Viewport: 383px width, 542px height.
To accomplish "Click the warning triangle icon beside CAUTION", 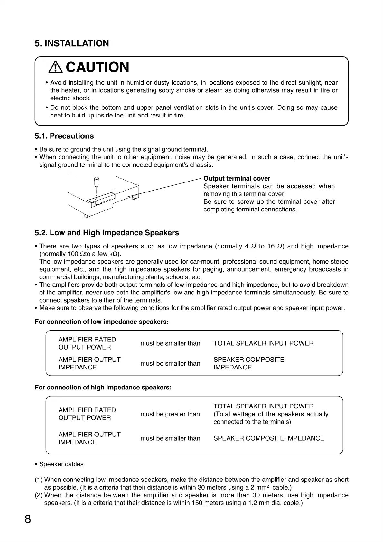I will [x=56, y=67].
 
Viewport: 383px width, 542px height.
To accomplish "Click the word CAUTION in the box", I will [x=97, y=67].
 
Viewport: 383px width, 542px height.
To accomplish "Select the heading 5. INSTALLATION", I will [x=72, y=43].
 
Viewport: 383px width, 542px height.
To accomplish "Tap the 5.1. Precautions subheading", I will [x=64, y=136].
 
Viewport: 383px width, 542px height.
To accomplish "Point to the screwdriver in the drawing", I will [x=96, y=185].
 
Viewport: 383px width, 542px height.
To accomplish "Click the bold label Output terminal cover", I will [x=237, y=178].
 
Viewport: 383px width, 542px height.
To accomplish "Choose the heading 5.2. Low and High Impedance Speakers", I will [x=107, y=233].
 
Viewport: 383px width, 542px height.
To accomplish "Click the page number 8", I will [x=28, y=519].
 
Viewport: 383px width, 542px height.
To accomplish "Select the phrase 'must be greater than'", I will [x=170, y=414].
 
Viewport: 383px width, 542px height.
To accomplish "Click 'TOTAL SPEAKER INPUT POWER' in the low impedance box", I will [x=263, y=343].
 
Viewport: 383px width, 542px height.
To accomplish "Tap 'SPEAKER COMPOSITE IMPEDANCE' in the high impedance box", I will [x=269, y=438].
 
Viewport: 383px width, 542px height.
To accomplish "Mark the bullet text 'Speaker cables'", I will [x=61, y=464].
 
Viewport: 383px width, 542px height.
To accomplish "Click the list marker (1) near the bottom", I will [x=39, y=480].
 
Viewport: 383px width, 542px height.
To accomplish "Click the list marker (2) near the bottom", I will [x=39, y=495].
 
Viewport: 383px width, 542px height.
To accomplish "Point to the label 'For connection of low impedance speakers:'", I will [x=101, y=322].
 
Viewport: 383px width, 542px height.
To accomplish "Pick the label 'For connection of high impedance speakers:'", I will [x=103, y=388].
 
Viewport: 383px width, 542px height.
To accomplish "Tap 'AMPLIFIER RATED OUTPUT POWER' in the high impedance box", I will [x=87, y=414].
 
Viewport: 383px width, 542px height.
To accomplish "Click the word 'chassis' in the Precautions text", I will [x=201, y=165].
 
